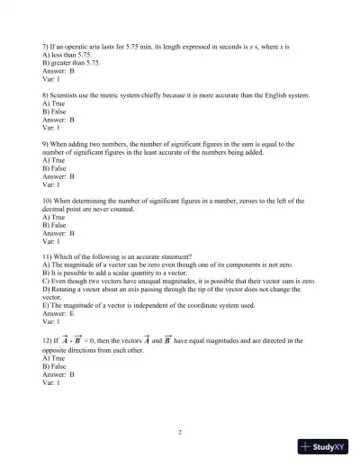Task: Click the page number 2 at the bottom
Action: pyautogui.click(x=180, y=433)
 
